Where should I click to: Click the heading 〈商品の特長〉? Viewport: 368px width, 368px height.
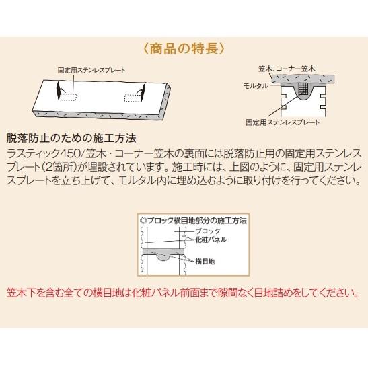(184, 49)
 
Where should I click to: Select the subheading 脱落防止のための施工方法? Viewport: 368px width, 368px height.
(71, 139)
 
